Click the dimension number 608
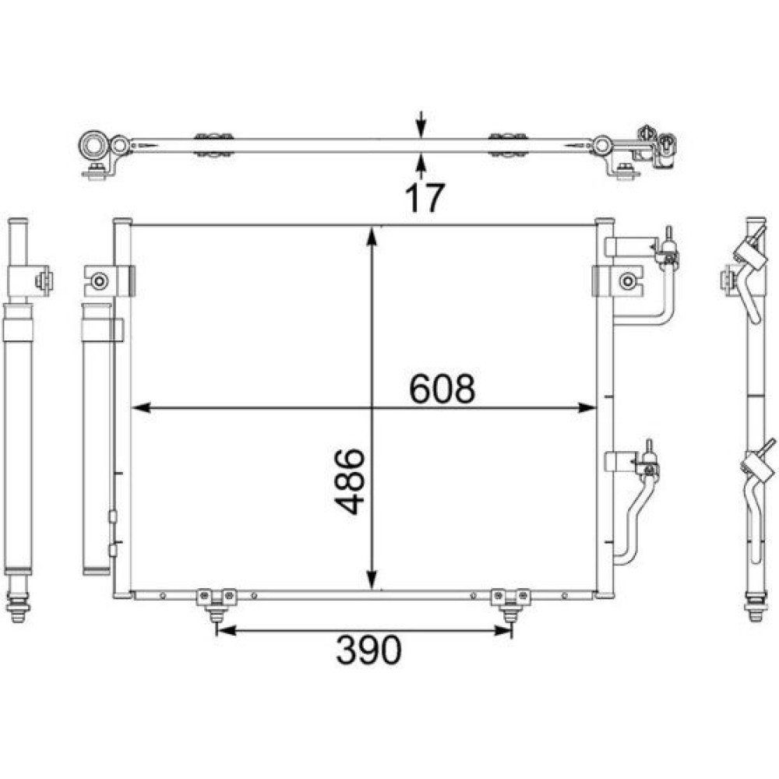[x=442, y=389]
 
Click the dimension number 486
[x=350, y=481]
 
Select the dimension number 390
[x=368, y=650]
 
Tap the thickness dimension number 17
[x=425, y=198]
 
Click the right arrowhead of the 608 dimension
[x=587, y=408]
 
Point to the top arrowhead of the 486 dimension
[x=372, y=237]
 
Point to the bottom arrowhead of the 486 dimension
[x=372, y=580]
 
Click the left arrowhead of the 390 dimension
[x=227, y=630]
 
